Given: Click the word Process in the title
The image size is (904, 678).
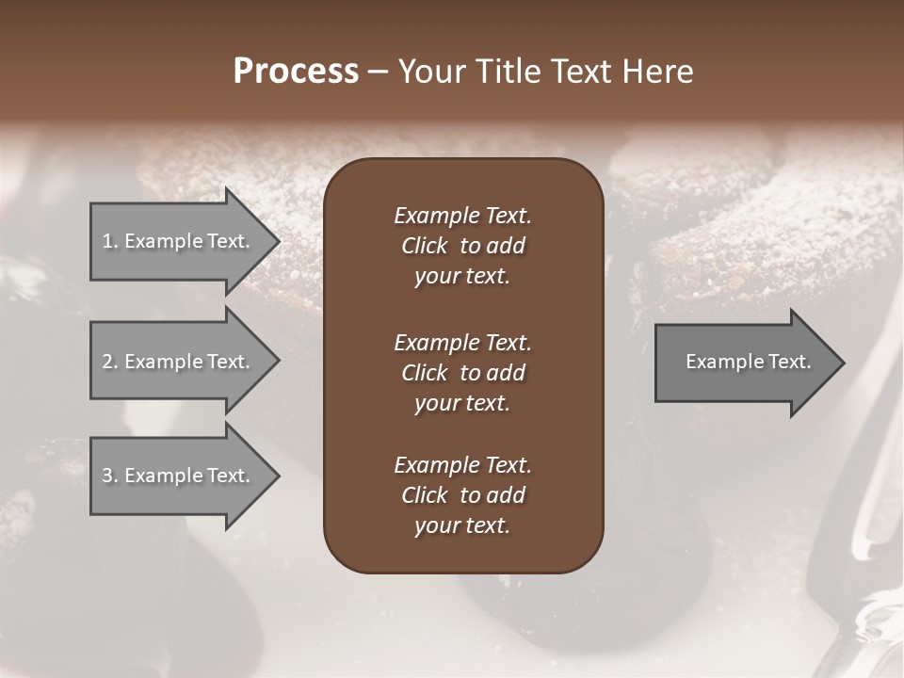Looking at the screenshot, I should [296, 72].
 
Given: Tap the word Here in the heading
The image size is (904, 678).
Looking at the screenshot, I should [657, 72].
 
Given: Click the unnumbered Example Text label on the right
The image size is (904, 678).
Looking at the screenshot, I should [748, 362].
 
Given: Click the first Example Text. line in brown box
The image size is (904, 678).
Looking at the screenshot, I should [462, 216].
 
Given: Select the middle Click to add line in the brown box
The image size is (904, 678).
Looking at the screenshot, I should [462, 373].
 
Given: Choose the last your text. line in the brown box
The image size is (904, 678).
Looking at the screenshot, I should [462, 526].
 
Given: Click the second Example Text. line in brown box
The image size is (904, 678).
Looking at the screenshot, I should [462, 342].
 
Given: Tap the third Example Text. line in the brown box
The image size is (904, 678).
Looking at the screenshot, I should [462, 465].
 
